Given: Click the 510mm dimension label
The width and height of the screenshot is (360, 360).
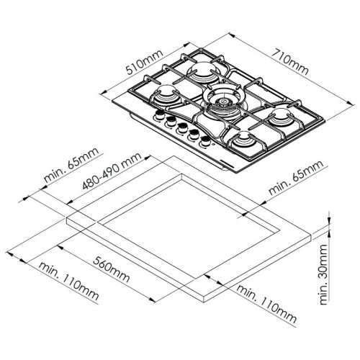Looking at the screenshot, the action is point(145,63).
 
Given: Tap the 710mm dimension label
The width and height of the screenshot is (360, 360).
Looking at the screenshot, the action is point(290,62).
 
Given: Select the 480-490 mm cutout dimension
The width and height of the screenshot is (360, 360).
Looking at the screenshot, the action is point(112,171).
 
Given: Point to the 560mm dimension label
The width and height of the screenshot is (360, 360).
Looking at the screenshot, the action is point(112,269).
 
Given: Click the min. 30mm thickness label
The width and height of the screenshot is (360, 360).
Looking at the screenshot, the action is point(324,274).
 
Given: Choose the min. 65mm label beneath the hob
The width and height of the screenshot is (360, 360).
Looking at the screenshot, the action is point(297,177).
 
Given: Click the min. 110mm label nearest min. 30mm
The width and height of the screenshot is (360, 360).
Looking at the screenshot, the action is point(266,304).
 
